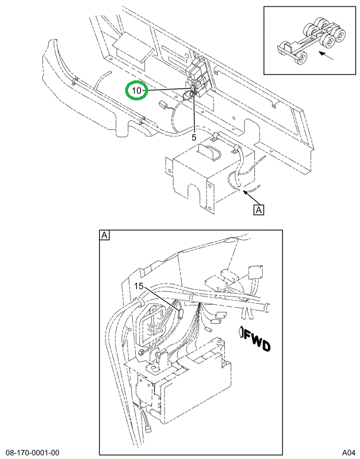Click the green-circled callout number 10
click(x=136, y=90)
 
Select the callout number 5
click(x=194, y=136)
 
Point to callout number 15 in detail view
click(x=139, y=286)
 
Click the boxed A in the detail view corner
click(x=104, y=236)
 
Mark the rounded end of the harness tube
click(x=268, y=307)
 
